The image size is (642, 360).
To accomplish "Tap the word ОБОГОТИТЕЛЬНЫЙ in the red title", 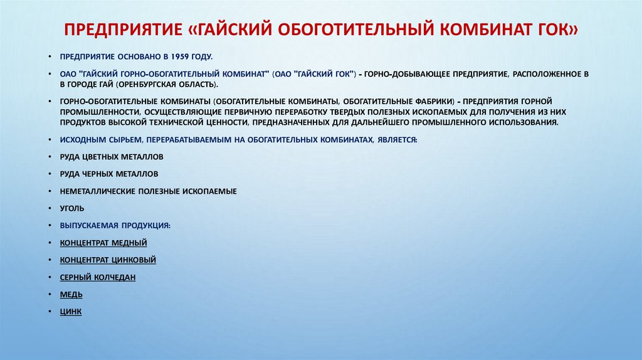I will coord(323,29).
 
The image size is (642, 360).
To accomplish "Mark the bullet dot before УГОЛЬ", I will coord(50,208).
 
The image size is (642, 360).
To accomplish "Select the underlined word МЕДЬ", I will coord(71,294).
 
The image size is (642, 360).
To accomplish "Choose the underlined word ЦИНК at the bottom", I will coord(71,311).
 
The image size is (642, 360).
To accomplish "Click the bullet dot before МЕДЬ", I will coord(50,294).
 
